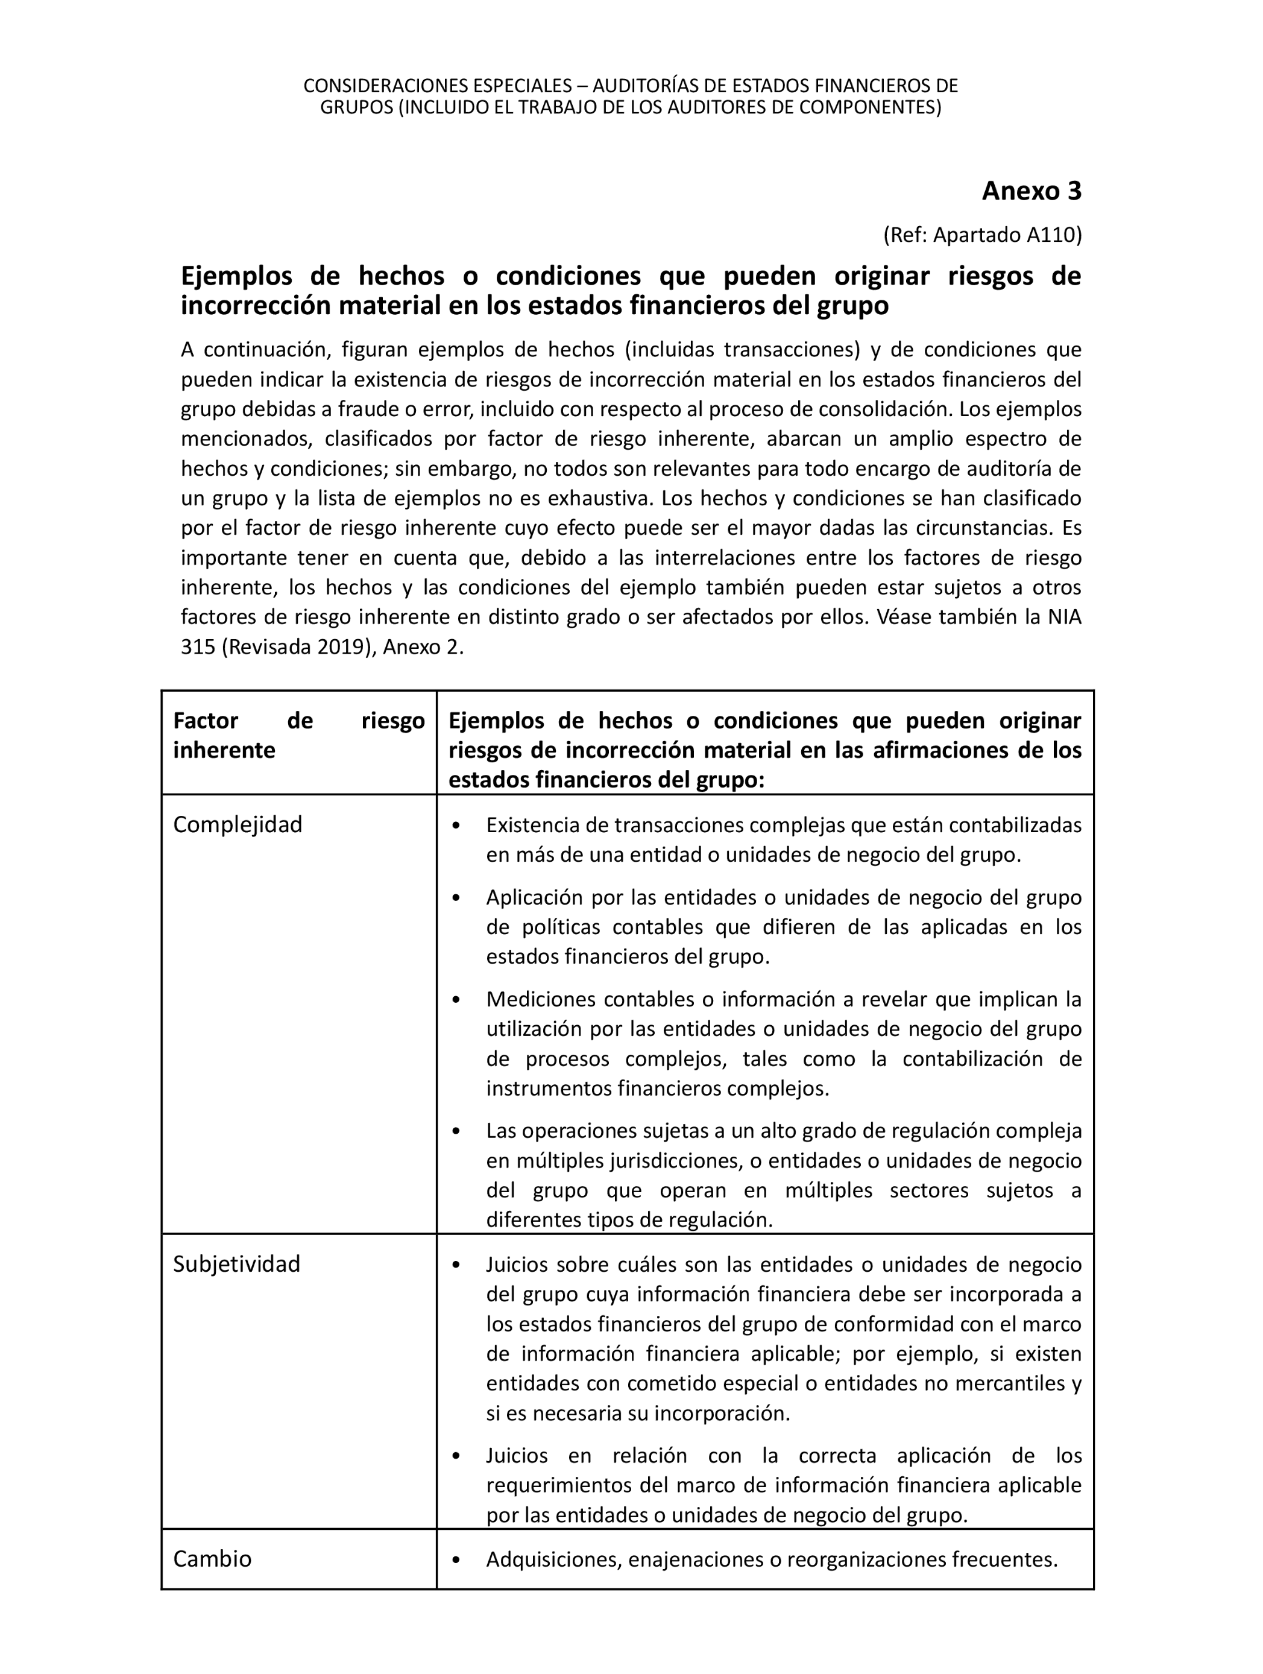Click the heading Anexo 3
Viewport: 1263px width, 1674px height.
pyautogui.click(x=1032, y=192)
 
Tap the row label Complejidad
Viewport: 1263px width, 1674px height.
pyautogui.click(x=238, y=824)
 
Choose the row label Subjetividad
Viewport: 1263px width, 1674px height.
pyautogui.click(x=237, y=1264)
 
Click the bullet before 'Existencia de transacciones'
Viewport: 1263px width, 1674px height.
pyautogui.click(x=456, y=826)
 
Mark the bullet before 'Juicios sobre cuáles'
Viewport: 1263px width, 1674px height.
pyautogui.click(x=456, y=1265)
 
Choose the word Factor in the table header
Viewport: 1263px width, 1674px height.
pyautogui.click(x=206, y=721)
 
